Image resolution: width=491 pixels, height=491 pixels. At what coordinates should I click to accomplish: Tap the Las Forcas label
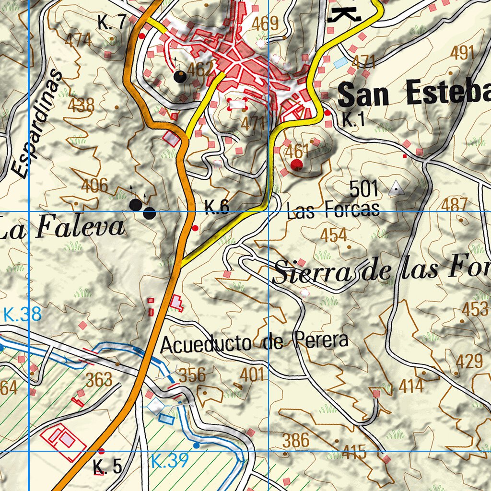pos(333,210)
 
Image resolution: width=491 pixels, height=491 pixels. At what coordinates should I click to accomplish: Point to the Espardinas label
pos(36,124)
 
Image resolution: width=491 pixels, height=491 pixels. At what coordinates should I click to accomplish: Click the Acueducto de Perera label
pos(254,342)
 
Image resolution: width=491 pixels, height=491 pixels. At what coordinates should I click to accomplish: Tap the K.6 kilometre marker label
pos(217,207)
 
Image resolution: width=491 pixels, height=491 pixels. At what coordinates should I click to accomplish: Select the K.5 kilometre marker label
pos(107,466)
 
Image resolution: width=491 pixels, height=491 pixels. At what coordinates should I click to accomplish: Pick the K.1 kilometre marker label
pos(354,120)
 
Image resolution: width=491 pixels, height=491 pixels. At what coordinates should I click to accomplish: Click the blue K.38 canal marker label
pos(22,315)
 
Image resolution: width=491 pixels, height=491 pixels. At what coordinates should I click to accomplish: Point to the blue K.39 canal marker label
pos(170,461)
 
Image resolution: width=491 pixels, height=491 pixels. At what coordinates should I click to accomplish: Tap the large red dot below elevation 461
pos(297,165)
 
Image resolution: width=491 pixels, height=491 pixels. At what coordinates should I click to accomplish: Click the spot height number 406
pos(94,185)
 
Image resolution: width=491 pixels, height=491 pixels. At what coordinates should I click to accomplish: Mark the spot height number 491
pos(462,53)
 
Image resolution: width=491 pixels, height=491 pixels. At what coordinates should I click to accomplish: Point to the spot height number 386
pos(296,440)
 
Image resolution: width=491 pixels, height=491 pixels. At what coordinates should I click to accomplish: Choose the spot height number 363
pos(99,380)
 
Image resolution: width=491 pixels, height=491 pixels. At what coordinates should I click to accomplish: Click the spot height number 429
pos(469,362)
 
